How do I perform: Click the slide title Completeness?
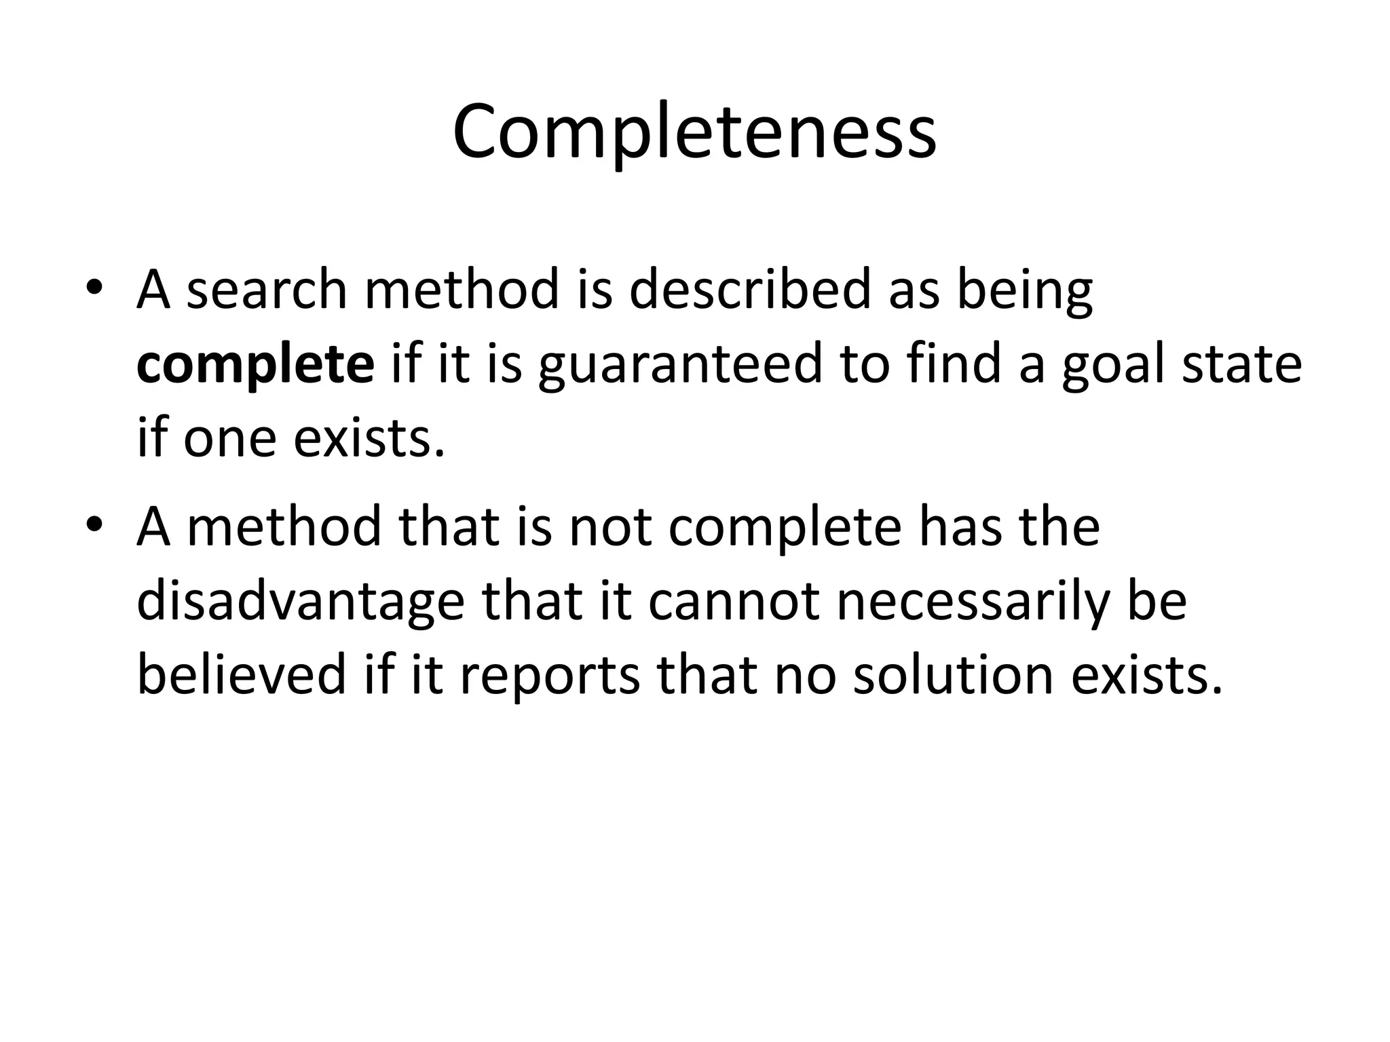tap(694, 133)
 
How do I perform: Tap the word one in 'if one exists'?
tap(230, 438)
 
